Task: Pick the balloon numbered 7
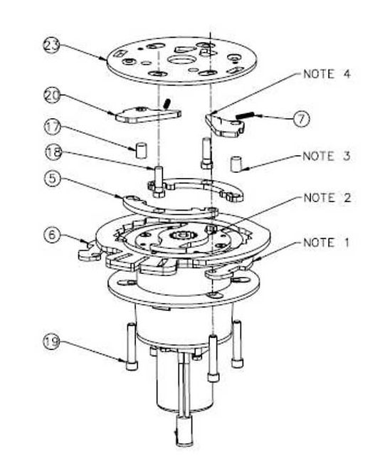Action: pyautogui.click(x=302, y=118)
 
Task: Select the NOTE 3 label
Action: pyautogui.click(x=327, y=156)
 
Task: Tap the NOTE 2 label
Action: pyautogui.click(x=327, y=198)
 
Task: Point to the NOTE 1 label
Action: pyautogui.click(x=327, y=242)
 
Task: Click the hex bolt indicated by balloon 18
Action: pyautogui.click(x=159, y=175)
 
